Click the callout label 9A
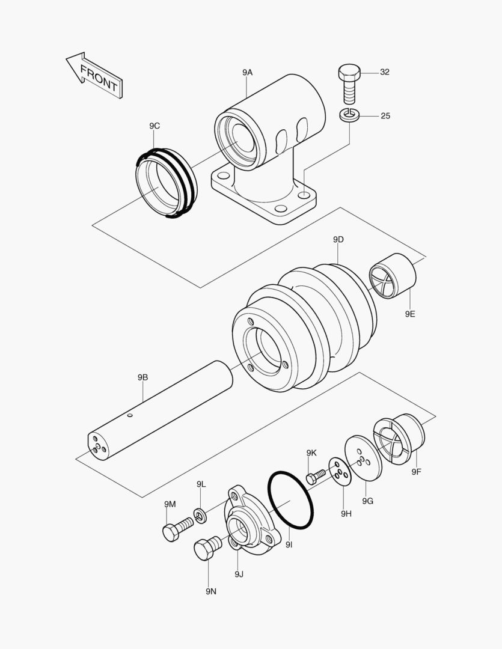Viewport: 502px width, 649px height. pos(248,72)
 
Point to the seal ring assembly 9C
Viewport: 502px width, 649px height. pos(164,182)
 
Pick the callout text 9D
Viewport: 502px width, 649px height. pos(338,240)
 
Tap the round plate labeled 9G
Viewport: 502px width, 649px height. pos(363,459)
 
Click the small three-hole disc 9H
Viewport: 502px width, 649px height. pos(339,471)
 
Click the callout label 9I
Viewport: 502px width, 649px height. pos(289,544)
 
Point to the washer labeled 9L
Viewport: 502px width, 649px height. pos(200,514)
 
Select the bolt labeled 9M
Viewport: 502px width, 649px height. pos(176,529)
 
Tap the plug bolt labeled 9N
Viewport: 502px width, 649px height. pos(205,547)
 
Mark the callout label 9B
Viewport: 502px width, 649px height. pos(142,377)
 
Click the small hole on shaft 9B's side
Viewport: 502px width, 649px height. pos(129,415)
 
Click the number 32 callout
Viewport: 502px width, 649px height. pos(385,72)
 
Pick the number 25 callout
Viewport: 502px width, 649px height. pos(385,115)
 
